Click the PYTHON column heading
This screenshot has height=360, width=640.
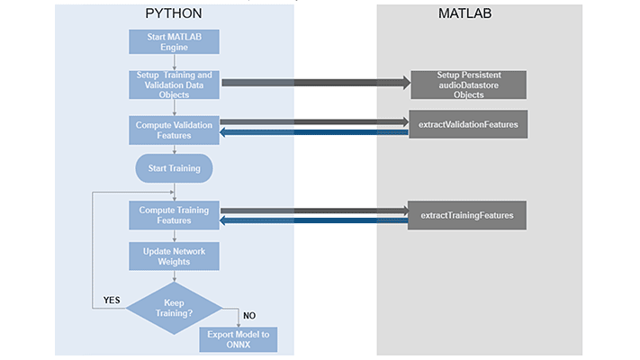click(173, 14)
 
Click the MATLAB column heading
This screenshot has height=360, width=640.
click(465, 14)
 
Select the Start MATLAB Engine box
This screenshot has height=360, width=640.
click(173, 41)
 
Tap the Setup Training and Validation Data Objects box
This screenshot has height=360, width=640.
click(173, 83)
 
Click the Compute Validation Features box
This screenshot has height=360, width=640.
click(173, 129)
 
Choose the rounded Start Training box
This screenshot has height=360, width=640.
click(173, 168)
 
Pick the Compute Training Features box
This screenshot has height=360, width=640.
click(173, 215)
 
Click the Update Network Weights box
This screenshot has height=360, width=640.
click(173, 255)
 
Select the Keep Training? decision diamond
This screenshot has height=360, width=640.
click(173, 308)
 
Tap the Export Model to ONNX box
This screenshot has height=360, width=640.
click(238, 339)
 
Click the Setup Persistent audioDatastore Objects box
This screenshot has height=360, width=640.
click(467, 85)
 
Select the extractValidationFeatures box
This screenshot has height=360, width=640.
click(467, 124)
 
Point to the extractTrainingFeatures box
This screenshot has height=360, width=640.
click(466, 215)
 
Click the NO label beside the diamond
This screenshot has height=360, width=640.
click(249, 315)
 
